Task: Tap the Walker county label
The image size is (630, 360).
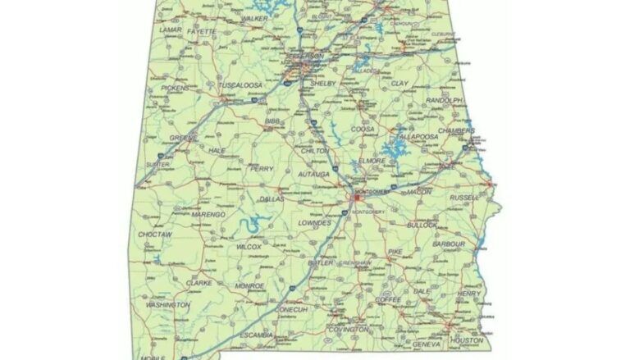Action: point(254,18)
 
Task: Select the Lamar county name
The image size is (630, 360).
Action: point(170,30)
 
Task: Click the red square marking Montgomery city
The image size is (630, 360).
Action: point(358,197)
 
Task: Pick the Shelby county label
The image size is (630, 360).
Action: point(322,83)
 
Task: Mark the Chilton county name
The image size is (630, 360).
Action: point(316,151)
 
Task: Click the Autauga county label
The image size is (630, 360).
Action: point(314,174)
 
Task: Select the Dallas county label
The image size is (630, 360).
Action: point(271,198)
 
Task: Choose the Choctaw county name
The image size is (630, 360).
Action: point(155,235)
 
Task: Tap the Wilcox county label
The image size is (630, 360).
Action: point(249,246)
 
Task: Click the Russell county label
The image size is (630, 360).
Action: point(463,198)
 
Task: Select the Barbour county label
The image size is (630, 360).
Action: point(449,244)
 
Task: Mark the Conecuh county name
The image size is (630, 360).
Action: point(291,309)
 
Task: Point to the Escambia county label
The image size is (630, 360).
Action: point(257,335)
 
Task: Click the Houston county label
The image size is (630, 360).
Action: point(467,339)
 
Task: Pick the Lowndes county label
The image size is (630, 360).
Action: point(315,222)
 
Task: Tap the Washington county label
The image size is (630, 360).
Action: point(167,305)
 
